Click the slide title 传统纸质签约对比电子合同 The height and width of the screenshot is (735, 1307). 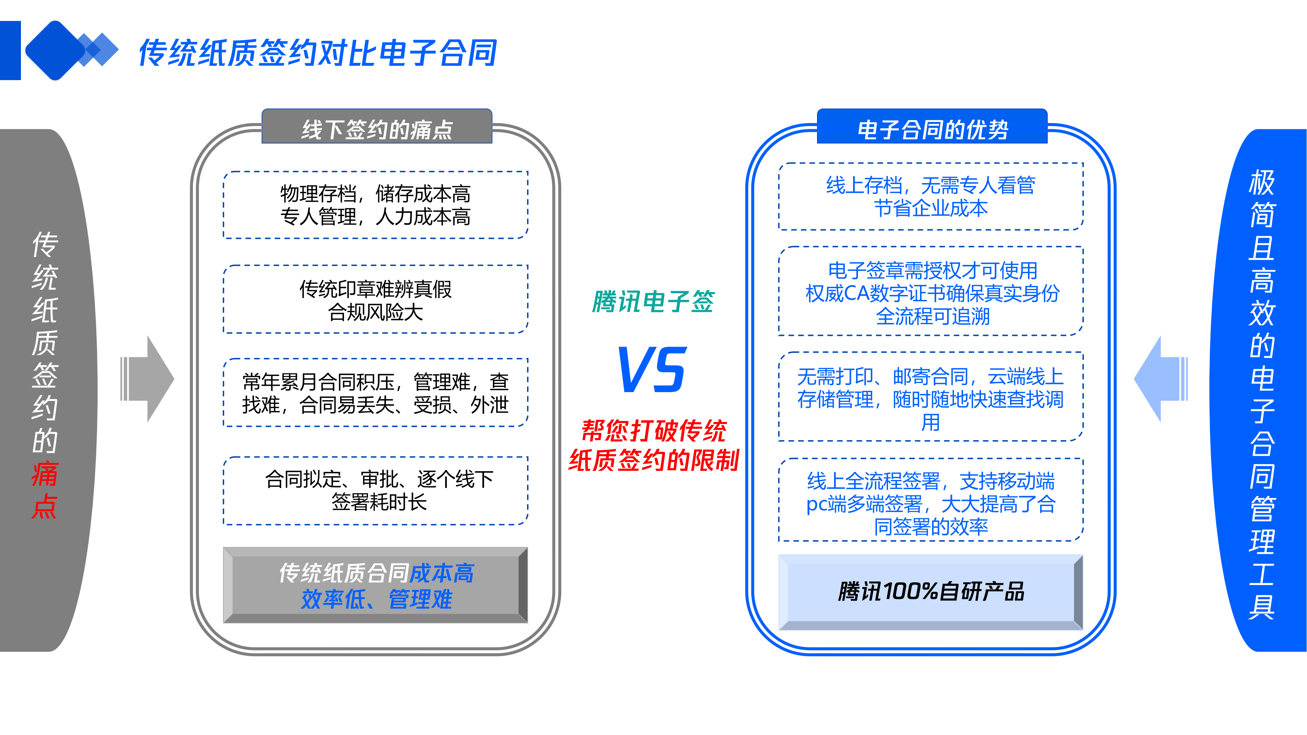(x=318, y=53)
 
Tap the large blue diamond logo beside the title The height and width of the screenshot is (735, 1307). (x=55, y=50)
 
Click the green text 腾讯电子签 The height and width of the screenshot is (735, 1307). (x=653, y=302)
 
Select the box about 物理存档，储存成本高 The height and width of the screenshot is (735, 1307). (x=376, y=205)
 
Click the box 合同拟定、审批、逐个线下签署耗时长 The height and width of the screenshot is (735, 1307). (x=376, y=491)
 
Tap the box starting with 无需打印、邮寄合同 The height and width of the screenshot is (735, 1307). (x=931, y=398)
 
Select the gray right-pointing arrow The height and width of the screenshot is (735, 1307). (x=148, y=379)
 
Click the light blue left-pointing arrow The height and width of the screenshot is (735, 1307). (x=1160, y=379)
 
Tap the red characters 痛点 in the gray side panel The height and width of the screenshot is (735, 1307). (x=44, y=489)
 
